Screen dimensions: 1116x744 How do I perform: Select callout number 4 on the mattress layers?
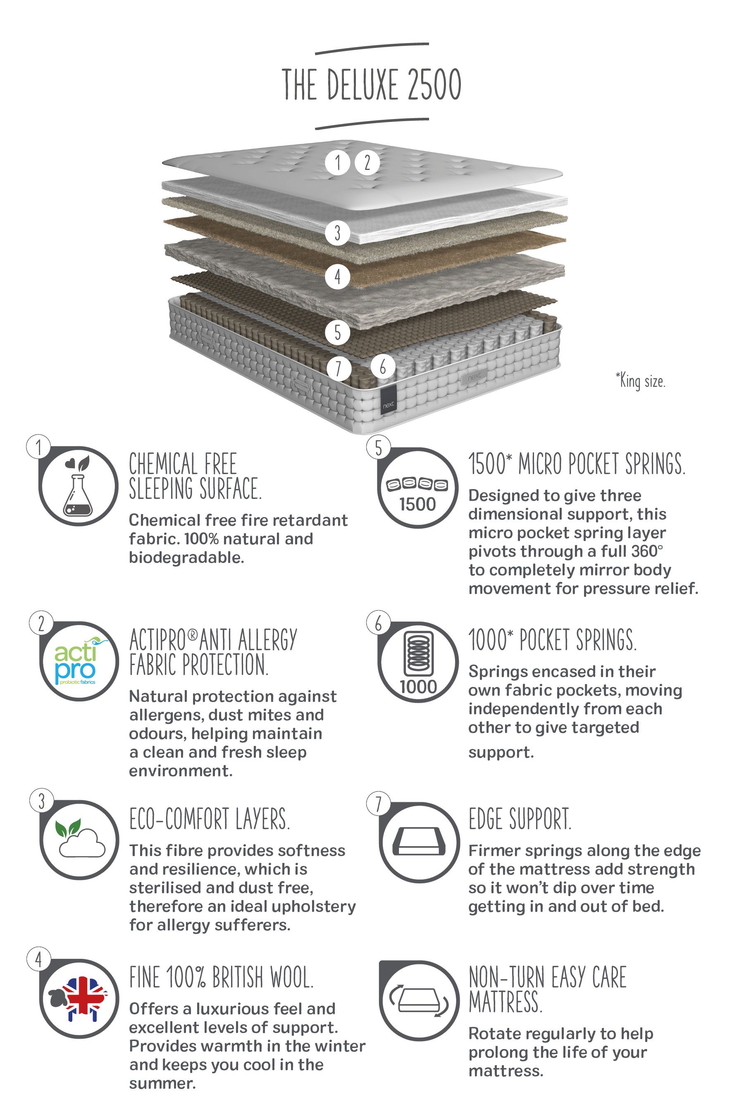tap(337, 276)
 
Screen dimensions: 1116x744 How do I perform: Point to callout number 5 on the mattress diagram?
tap(337, 332)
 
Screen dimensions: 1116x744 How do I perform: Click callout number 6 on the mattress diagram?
tap(382, 366)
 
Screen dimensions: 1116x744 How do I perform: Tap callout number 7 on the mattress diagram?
tap(338, 368)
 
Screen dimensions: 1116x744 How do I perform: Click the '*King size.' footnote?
tap(641, 381)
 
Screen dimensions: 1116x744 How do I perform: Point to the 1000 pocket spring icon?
tap(418, 662)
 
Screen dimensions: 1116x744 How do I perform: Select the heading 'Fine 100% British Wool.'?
tap(221, 978)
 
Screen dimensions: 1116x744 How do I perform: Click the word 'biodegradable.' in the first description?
tap(186, 558)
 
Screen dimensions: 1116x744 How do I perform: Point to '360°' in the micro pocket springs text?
tap(647, 551)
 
